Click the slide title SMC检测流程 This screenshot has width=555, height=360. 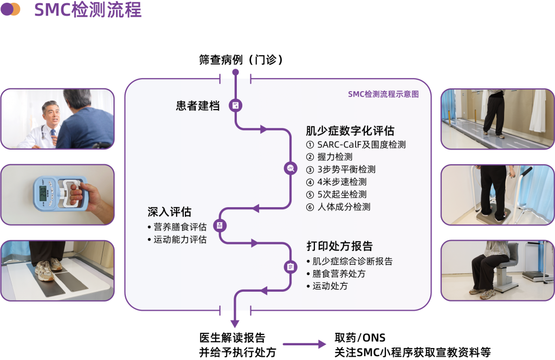[x=88, y=10]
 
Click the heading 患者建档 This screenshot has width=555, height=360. [x=198, y=106]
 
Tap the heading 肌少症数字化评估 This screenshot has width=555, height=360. [x=350, y=131]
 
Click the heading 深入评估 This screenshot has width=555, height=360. [x=170, y=211]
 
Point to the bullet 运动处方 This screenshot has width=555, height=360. [x=330, y=286]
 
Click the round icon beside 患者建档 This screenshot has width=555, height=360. [x=236, y=105]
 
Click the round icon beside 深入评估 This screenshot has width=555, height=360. [x=220, y=225]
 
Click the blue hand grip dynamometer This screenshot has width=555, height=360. [x=59, y=192]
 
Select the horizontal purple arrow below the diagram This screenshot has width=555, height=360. [x=305, y=344]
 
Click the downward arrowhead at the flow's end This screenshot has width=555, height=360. [x=235, y=324]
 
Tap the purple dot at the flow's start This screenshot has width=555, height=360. [x=235, y=72]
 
